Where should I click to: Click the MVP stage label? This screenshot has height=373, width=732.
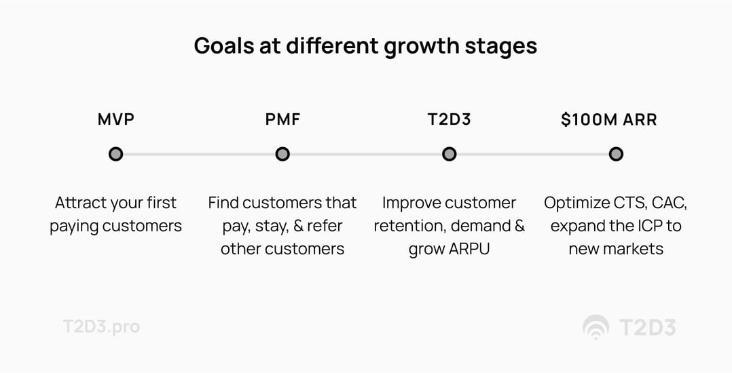pyautogui.click(x=115, y=120)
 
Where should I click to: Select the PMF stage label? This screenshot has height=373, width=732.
pyautogui.click(x=282, y=120)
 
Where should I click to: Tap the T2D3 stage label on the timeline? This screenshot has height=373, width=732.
pyautogui.click(x=449, y=120)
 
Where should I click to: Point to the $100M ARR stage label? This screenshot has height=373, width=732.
pyautogui.click(x=608, y=120)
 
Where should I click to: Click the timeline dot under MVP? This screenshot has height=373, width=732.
pyautogui.click(x=115, y=154)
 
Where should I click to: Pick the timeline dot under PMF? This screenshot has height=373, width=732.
pyautogui.click(x=282, y=154)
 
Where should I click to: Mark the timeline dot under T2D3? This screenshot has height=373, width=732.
pyautogui.click(x=449, y=154)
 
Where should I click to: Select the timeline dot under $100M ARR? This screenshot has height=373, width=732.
pyautogui.click(x=615, y=154)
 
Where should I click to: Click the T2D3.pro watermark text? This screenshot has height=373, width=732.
pyautogui.click(x=101, y=326)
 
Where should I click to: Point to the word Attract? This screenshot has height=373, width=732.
pyautogui.click(x=79, y=203)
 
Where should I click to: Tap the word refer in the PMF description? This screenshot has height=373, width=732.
pyautogui.click(x=325, y=226)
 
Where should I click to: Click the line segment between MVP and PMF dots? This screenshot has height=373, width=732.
pyautogui.click(x=199, y=154)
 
